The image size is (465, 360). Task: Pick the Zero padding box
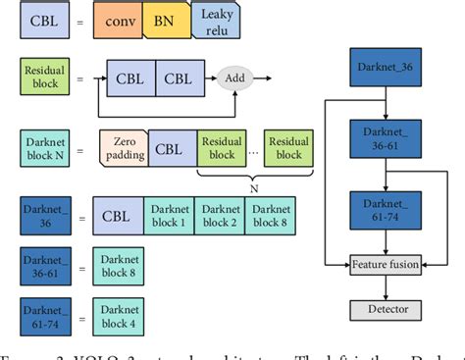pos(124,148)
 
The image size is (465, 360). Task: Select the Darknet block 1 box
pos(169,215)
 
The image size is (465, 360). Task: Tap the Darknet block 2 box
pos(220,215)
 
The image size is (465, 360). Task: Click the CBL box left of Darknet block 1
pos(119,215)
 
